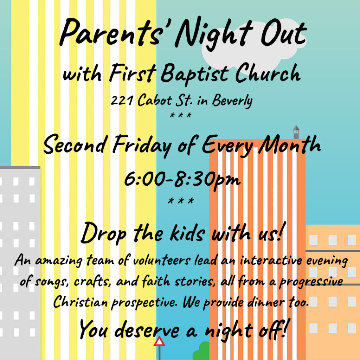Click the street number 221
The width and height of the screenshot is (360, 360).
pyautogui.click(x=122, y=100)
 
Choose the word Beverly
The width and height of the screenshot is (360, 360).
pyautogui.click(x=232, y=101)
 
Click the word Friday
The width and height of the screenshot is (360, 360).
pyautogui.click(x=142, y=145)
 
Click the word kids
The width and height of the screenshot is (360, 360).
pyautogui.click(x=187, y=233)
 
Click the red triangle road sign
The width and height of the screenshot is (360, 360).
pyautogui.click(x=159, y=341)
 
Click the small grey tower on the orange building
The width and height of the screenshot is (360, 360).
pyautogui.click(x=296, y=132)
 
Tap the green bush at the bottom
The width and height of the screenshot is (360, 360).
pyautogui.click(x=201, y=351)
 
